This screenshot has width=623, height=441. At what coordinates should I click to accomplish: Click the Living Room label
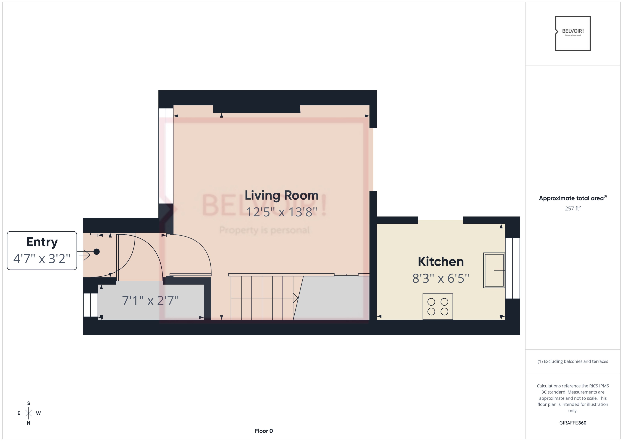tap(281, 195)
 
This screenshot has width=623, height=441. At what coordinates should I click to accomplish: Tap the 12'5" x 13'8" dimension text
tap(281, 212)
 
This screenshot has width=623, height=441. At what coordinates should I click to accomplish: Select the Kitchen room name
tap(441, 262)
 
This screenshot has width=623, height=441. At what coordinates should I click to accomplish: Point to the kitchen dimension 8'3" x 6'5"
tap(441, 278)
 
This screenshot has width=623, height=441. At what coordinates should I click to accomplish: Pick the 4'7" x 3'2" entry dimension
tap(42, 259)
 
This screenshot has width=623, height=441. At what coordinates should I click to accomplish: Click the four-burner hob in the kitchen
tap(438, 307)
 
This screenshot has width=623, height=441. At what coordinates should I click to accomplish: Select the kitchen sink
tap(494, 270)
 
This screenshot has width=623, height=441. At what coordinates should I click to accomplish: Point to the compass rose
tap(28, 413)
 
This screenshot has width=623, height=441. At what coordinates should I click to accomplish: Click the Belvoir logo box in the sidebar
tap(573, 33)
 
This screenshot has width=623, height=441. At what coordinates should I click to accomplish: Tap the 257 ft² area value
tap(573, 208)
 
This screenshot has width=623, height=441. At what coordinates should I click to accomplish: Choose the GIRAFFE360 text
tap(573, 423)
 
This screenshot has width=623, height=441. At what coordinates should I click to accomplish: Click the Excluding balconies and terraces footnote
tap(573, 361)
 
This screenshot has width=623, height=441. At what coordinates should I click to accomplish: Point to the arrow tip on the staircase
tap(297, 298)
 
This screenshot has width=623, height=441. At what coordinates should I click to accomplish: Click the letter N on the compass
tap(28, 423)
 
